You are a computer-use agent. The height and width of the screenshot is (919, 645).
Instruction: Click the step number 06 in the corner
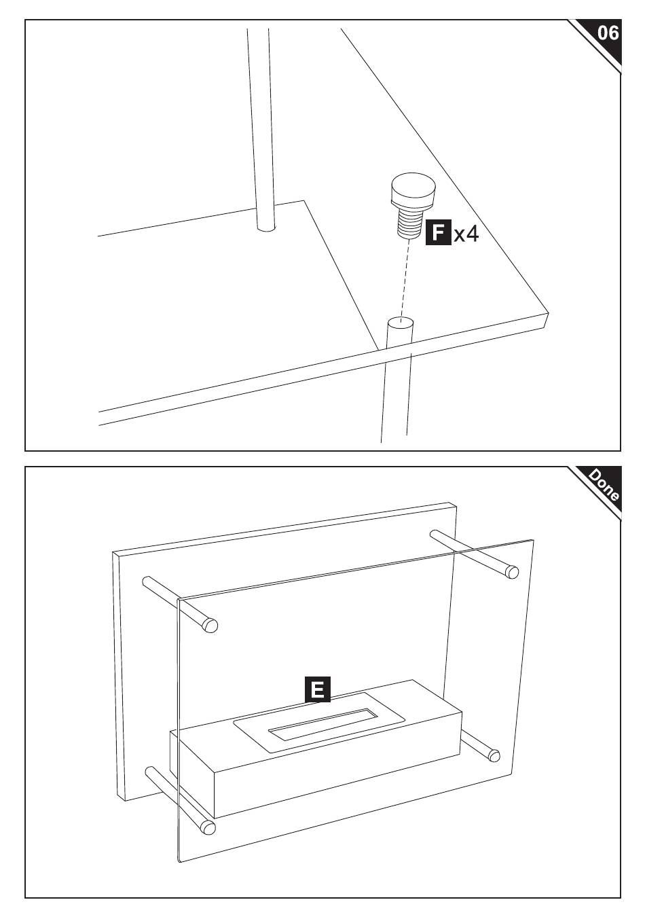pyautogui.click(x=608, y=33)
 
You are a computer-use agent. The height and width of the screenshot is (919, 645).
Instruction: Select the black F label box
pyautogui.click(x=439, y=232)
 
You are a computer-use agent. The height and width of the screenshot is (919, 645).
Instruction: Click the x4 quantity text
pyautogui.click(x=466, y=234)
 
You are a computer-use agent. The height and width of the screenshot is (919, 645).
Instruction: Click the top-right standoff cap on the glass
pyautogui.click(x=512, y=571)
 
